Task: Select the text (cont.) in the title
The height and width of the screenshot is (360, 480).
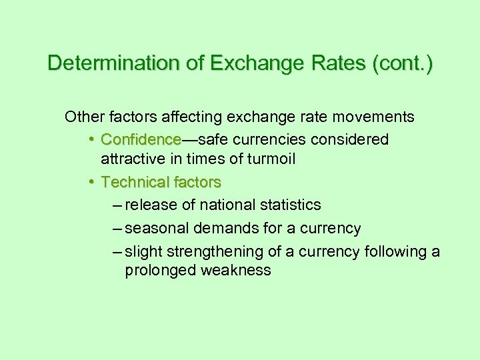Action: [x=403, y=63]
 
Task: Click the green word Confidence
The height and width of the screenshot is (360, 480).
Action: [x=141, y=139]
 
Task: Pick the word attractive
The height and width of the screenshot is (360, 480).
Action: [x=132, y=160]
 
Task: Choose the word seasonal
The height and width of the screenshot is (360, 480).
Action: [x=157, y=229]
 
